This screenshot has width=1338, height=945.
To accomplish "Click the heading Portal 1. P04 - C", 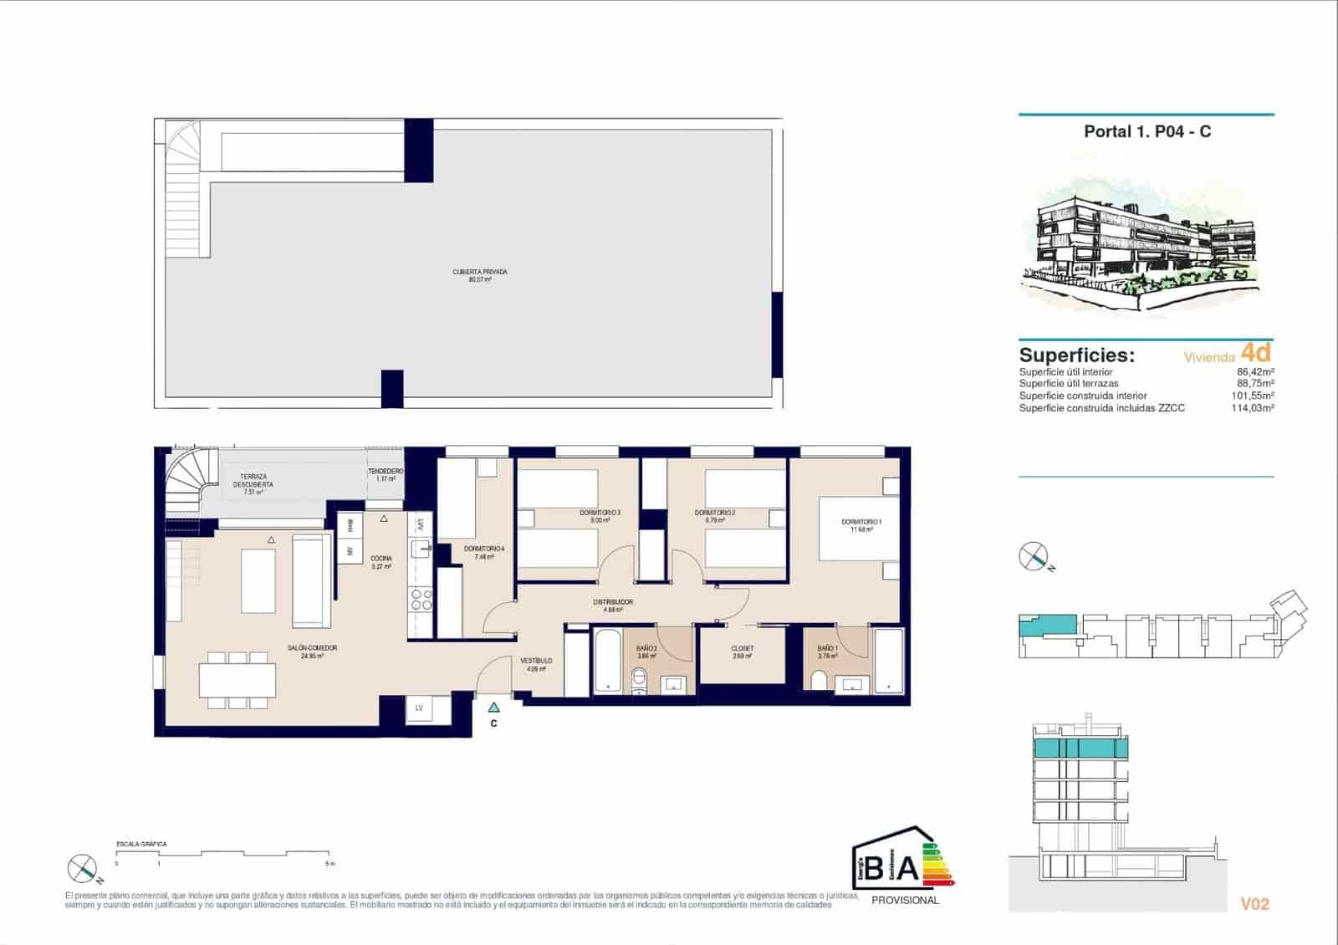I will coord(1146,131).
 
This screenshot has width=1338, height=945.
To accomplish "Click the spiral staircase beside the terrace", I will coord(186,489).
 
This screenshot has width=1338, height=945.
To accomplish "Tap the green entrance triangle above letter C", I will coord(494,707).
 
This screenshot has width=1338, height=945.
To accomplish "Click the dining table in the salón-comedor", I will coord(237,680).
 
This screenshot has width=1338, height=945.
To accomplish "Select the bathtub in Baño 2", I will coord(606,661).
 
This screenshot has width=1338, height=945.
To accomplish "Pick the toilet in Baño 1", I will coord(820,682).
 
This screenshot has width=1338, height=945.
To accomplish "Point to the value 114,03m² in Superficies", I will coord(1255,408).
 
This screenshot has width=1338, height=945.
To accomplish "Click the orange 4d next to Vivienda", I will coord(1256,351).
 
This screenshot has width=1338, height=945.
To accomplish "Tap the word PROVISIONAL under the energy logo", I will coord(905,901).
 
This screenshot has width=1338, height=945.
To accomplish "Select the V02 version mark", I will coord(1254,904).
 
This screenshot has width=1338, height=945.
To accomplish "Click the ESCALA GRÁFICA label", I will coord(141,845).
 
